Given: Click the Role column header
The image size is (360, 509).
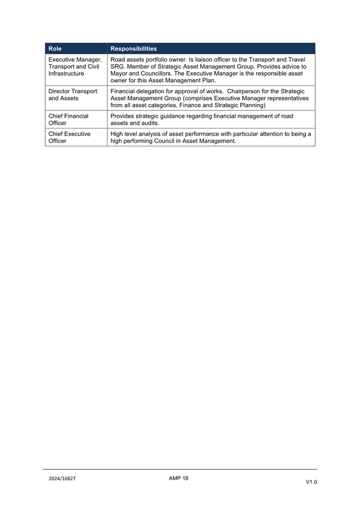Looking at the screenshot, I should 55,49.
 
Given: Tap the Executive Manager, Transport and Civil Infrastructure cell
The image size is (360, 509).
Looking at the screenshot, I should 74,66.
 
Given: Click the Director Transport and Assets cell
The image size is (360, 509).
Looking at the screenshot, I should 73,95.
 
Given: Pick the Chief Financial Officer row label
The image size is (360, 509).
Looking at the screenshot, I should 68,120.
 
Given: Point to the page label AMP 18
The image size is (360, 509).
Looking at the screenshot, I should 179,478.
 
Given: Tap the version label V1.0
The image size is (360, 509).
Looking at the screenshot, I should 311,482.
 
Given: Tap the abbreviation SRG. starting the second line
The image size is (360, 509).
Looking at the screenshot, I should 118,66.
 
